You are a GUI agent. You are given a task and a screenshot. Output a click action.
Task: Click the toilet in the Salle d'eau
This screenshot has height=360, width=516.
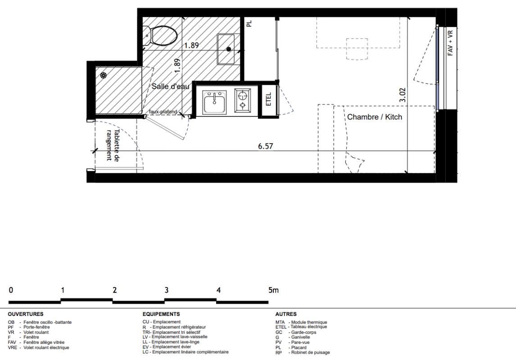160,36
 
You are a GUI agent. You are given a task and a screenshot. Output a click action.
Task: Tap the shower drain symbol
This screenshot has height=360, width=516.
104,76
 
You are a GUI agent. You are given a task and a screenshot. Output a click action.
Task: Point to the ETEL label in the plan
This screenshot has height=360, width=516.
268,99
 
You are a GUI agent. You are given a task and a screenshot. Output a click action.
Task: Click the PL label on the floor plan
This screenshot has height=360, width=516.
249,24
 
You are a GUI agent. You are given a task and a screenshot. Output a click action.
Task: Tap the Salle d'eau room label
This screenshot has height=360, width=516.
171,86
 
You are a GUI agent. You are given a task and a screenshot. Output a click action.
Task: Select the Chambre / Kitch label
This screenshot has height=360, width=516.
375,117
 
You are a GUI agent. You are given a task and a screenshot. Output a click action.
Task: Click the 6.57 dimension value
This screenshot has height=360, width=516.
266,146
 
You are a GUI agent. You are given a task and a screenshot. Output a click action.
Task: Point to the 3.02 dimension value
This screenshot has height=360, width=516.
403,95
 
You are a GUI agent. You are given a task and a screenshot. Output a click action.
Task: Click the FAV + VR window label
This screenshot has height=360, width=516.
451,43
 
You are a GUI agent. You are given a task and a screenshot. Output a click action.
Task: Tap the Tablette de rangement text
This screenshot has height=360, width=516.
113,145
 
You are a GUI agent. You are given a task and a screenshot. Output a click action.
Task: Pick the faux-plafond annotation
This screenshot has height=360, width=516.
163,112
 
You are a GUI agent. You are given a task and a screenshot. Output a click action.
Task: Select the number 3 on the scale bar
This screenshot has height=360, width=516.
167,290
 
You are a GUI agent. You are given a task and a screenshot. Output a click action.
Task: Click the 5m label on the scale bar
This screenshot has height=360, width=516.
273,290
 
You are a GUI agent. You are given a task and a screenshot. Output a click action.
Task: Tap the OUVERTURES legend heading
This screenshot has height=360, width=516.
26,314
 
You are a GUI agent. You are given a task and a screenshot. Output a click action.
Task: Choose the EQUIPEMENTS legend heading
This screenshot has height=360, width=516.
161,314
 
